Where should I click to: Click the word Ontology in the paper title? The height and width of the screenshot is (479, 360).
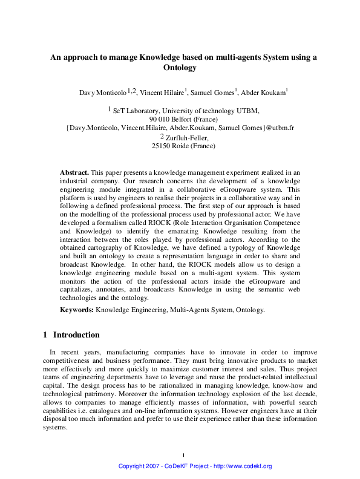[x=180, y=68]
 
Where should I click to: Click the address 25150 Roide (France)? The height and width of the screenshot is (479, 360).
[x=183, y=146]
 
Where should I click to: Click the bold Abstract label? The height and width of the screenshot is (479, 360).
[x=74, y=172]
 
